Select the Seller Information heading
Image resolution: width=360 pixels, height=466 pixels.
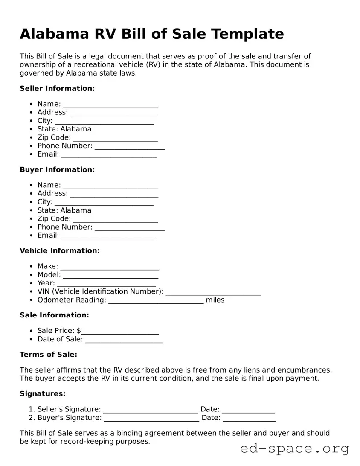(x=57, y=88)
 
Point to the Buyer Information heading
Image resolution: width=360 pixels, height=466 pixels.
(x=57, y=169)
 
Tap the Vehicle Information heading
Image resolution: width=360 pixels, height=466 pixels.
(x=59, y=250)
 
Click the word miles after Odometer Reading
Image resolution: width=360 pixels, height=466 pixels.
(x=215, y=300)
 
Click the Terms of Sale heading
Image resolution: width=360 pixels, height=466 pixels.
(x=49, y=355)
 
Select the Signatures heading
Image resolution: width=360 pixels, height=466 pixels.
(x=43, y=394)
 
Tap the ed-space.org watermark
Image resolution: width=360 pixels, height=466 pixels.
(x=294, y=449)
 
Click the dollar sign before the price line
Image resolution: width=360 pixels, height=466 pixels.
(x=79, y=331)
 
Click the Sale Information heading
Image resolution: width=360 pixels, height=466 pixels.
(x=54, y=315)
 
